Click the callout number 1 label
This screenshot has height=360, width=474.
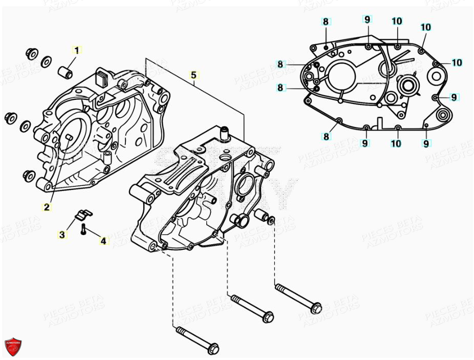pos(77,50)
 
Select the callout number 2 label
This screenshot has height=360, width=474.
pos(47,207)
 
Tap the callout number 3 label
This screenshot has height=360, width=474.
pos(62,235)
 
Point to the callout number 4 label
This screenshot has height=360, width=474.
pos(103,240)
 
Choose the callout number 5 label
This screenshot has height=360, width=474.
pos(193,75)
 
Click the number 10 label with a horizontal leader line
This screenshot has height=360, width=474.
pos(456,62)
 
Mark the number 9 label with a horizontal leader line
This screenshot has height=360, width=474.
pos(454,97)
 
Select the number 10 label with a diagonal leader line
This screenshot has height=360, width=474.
pos(425,27)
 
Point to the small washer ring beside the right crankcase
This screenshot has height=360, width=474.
pos(271,220)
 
